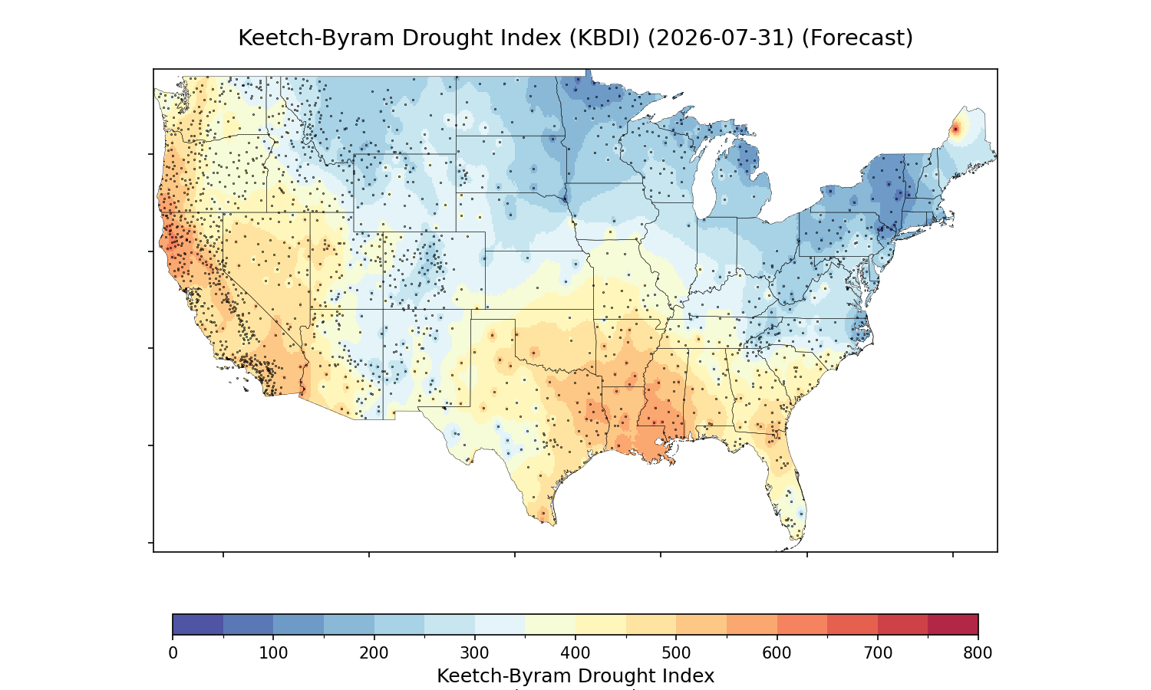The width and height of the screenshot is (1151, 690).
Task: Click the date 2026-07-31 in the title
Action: click(x=721, y=38)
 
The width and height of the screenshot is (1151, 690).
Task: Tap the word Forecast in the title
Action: click(x=857, y=38)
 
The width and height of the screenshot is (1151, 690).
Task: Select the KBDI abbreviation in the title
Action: click(x=604, y=38)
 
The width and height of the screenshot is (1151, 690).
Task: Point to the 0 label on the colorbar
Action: click(x=173, y=653)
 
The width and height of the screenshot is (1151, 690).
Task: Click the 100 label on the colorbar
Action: click(x=273, y=653)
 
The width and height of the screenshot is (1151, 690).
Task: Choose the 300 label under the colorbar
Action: click(x=475, y=653)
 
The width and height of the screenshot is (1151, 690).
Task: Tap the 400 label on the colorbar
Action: click(x=575, y=653)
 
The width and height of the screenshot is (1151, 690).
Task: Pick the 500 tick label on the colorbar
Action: click(x=676, y=653)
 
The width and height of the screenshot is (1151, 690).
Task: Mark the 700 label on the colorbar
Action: click(x=878, y=653)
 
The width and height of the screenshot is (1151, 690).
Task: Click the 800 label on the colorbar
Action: click(x=978, y=653)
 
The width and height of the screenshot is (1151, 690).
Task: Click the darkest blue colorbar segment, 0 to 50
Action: click(x=198, y=624)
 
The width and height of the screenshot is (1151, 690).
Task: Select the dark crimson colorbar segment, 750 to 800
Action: click(x=953, y=624)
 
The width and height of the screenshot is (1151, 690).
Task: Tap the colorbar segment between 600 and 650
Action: click(x=802, y=624)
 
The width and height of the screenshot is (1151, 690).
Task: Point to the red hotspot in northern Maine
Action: click(x=955, y=129)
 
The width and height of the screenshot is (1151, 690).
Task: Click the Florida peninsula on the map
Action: click(x=787, y=488)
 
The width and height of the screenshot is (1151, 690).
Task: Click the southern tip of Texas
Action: click(x=554, y=524)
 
